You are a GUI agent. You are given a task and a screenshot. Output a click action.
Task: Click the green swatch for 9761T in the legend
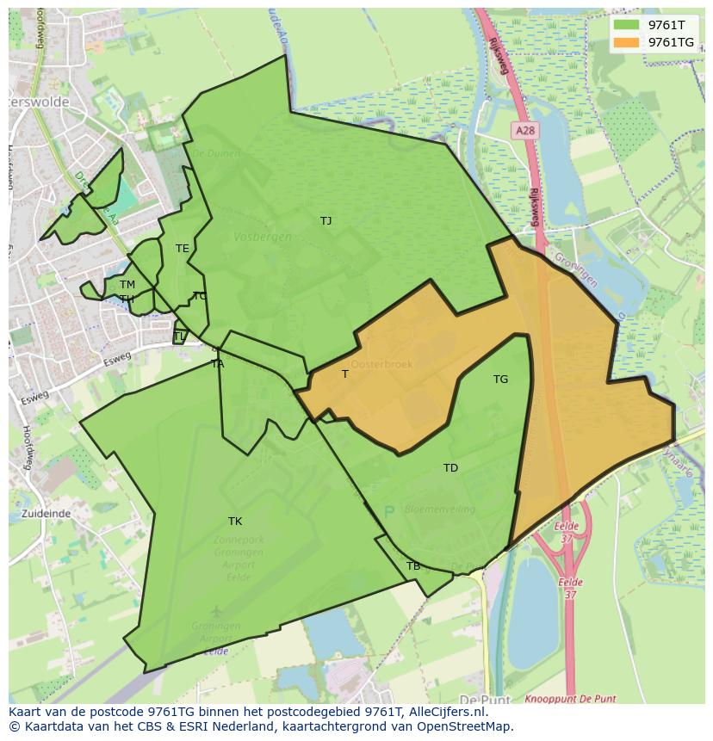(x=626, y=25)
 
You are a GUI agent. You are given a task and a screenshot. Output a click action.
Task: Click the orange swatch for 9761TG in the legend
(x=626, y=42)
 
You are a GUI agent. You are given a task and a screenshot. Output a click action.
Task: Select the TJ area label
(x=325, y=221)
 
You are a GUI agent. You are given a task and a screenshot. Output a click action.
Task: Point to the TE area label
(x=182, y=249)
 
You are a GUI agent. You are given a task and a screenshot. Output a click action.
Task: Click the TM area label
(x=127, y=285)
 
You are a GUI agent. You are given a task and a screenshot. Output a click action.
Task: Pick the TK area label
(x=235, y=522)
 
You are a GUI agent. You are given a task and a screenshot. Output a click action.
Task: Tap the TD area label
(x=450, y=468)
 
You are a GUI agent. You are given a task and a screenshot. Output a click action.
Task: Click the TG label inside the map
(x=500, y=380)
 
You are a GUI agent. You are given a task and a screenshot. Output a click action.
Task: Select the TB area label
(x=413, y=566)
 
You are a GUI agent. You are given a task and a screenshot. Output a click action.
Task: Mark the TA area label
(x=218, y=364)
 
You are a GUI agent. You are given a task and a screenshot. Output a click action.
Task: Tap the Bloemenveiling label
(x=439, y=509)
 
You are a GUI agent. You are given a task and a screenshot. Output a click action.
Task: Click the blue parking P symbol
(x=388, y=511)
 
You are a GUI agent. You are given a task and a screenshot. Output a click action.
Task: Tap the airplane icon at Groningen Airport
(x=214, y=612)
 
